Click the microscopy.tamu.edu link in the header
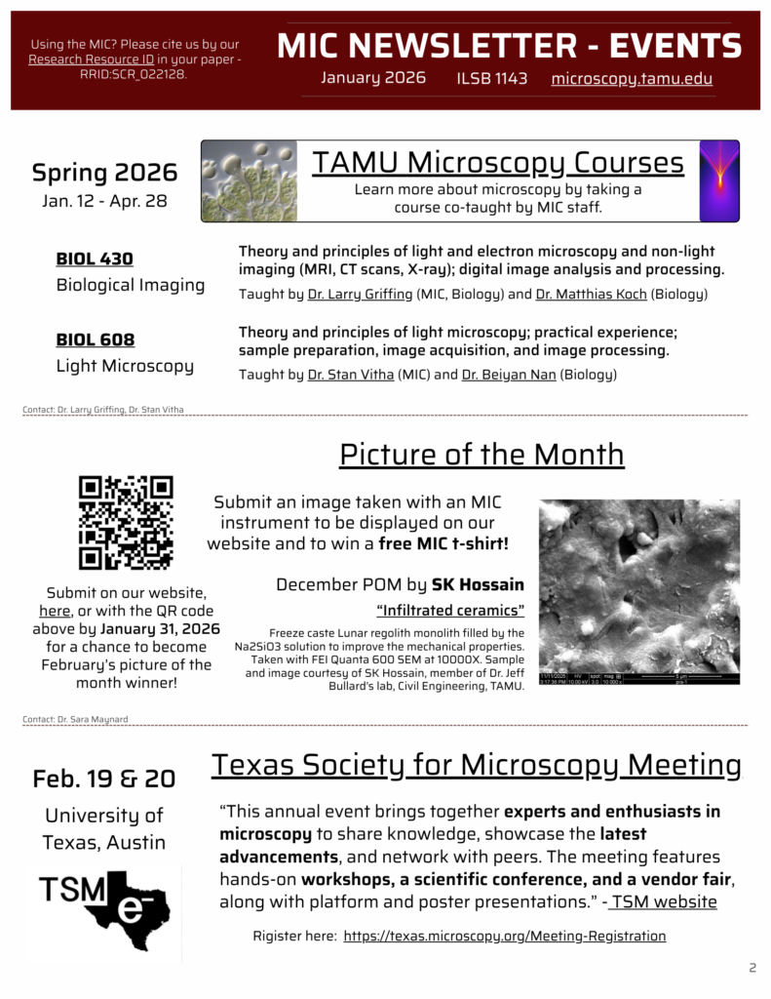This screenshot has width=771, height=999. point(631,79)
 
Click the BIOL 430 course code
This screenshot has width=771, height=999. point(95,260)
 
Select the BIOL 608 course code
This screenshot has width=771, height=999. point(96,340)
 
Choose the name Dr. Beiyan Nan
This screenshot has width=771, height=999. point(509,375)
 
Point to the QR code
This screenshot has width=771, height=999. point(126,523)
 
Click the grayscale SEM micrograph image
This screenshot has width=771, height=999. point(638,591)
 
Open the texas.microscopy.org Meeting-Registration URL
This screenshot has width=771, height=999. point(504,937)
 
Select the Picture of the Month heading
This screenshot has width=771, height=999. point(482,455)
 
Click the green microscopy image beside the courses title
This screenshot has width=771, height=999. point(250,181)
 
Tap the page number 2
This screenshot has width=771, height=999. point(752,968)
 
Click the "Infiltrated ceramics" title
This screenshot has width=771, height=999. point(450,612)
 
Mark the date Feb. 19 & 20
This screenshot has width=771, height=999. point(104,779)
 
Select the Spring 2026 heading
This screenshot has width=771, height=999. point(104,173)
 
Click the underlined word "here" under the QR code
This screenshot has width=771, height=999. point(55,611)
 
